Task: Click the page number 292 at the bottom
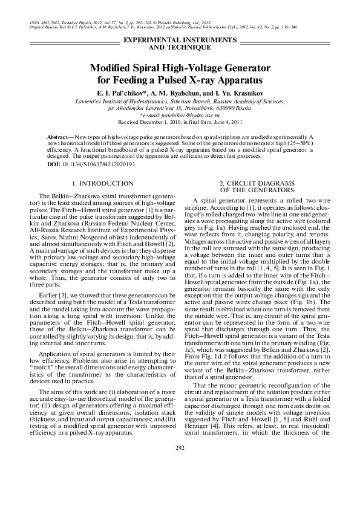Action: click(x=180, y=482)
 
